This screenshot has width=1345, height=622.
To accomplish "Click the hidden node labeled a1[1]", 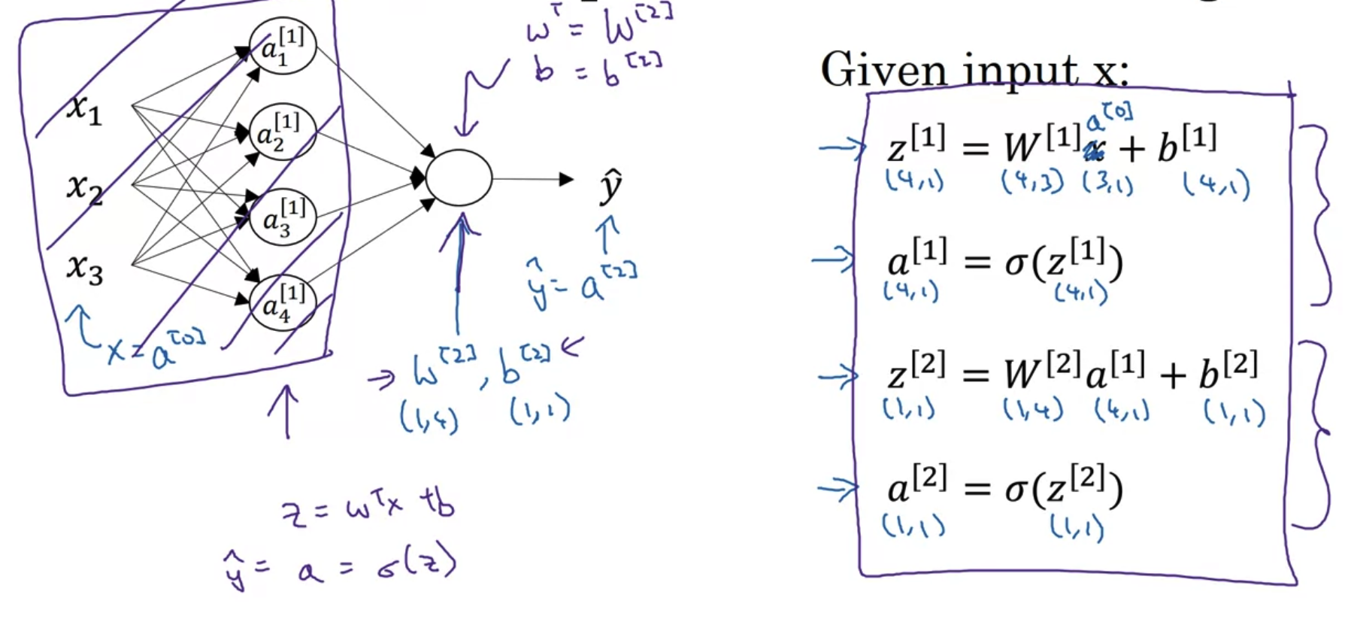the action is point(283,46).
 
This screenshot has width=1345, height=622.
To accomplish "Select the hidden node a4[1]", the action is point(283,302).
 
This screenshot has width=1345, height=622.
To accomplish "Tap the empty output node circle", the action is point(459,178).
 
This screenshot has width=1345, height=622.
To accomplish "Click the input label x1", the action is point(83,110).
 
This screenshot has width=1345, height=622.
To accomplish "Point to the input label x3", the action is point(84,268).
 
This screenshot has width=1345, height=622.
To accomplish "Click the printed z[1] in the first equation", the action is point(916,144).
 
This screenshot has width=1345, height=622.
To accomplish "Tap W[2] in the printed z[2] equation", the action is point(1042,370).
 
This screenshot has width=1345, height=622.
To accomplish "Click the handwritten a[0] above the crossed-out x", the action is point(1109,117).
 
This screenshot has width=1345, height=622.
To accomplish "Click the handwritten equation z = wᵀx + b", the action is point(368,508).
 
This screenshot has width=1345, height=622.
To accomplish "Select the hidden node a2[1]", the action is point(283,132).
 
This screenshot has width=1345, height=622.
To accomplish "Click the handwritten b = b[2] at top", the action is point(598,69).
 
